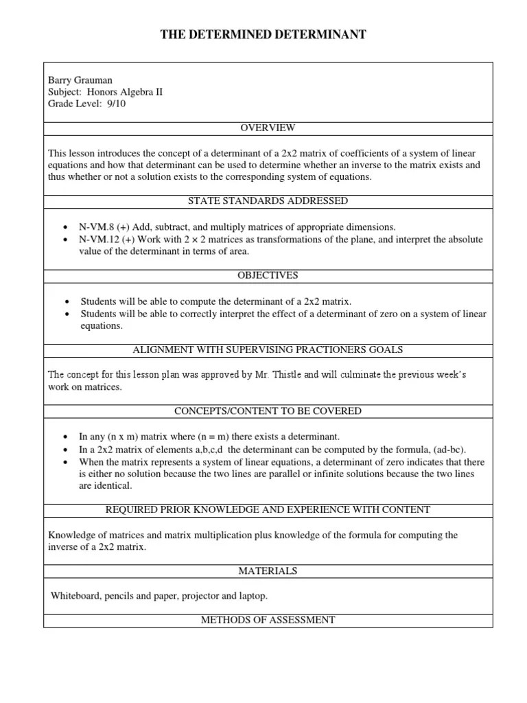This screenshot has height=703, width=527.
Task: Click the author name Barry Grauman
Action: (x=80, y=80)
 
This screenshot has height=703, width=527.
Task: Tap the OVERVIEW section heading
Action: (x=268, y=128)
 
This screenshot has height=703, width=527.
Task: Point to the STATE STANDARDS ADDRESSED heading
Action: (x=268, y=201)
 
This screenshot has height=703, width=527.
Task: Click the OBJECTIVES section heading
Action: (x=268, y=275)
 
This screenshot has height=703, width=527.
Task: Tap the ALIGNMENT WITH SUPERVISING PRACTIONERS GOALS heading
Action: (x=268, y=349)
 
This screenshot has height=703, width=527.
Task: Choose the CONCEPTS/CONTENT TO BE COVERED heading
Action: (x=268, y=411)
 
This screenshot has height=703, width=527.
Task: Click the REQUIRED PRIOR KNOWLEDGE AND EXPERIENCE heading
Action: (x=268, y=509)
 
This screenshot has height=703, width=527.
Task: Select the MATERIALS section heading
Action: (x=268, y=571)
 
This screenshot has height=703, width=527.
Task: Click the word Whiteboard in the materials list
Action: (x=75, y=596)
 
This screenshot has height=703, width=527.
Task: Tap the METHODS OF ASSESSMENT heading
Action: (x=268, y=620)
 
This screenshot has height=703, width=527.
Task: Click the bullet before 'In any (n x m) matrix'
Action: (x=64, y=437)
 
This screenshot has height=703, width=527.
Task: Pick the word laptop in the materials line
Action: (x=254, y=596)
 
